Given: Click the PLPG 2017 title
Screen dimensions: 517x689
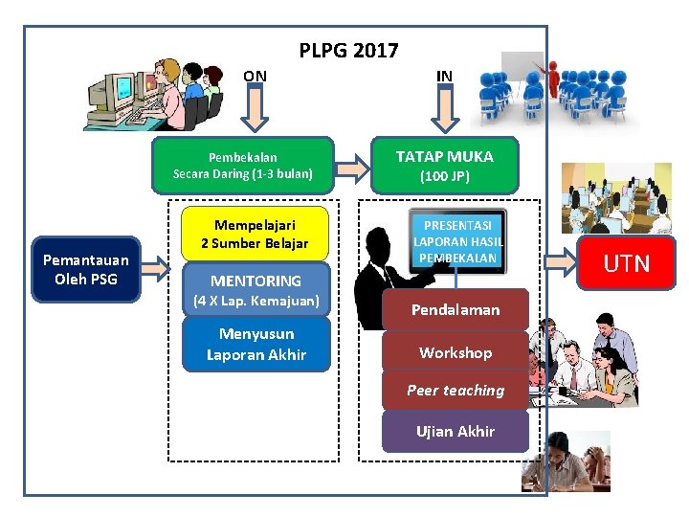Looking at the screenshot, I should coord(348,51).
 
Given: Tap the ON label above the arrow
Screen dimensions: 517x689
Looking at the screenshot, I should coord(255,76).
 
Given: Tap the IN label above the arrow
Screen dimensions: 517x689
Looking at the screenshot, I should coord(444,76).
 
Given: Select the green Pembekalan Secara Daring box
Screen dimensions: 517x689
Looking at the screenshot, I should coord(243,165).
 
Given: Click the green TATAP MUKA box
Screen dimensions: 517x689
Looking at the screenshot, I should coord(445,164).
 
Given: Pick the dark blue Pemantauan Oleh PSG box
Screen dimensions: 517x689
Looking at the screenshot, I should coord(85,269).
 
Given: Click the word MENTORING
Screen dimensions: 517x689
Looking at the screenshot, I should coord(256,281).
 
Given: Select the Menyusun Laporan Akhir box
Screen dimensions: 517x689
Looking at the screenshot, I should coord(256,344).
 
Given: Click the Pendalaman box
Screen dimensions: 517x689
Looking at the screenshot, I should coord(456,309).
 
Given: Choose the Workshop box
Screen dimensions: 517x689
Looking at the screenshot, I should coord(456,352).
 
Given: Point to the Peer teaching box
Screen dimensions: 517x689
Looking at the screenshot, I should coord(456,391).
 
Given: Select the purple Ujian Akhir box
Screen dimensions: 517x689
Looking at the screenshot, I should coord(456,431).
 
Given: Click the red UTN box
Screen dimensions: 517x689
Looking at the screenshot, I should coord(627,263).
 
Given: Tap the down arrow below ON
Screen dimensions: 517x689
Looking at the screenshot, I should coord(255,111).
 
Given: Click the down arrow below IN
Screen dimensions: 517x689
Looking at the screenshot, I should coord(445,111).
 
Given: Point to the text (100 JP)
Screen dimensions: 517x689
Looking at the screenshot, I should coord(445,177).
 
